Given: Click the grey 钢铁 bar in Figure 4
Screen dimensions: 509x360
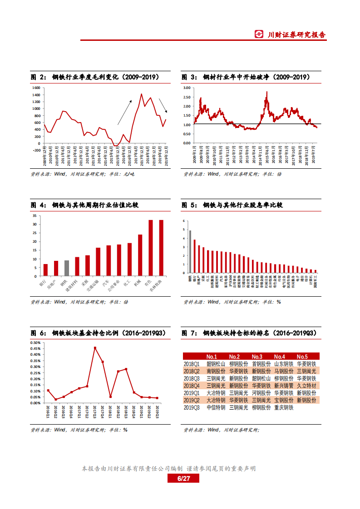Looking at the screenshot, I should pos(67,268).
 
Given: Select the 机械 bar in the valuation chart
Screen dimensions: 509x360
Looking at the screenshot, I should pos(140,255).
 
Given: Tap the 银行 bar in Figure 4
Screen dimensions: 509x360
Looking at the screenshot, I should pos(45,270).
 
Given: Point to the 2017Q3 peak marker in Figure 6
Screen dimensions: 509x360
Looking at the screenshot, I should pos(95,348).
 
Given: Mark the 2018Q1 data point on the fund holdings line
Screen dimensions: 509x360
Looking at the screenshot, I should pos(110,396).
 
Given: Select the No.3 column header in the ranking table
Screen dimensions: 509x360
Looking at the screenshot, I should pos(257,357).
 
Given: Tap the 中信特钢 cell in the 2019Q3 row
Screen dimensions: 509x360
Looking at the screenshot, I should pos(216,408).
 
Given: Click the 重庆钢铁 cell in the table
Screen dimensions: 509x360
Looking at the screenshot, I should pos(284,408).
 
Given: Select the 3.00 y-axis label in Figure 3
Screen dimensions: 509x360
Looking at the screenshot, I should pos(186,87).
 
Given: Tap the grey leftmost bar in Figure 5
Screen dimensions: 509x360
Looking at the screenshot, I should pos(190,252).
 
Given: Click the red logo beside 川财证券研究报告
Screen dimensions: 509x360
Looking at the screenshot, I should pos(259,34).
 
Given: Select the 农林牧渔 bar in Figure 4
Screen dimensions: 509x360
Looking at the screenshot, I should pos(161,248).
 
